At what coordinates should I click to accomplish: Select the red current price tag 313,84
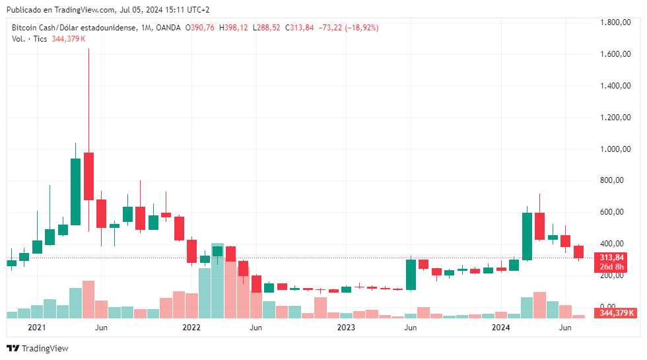[x=613, y=257]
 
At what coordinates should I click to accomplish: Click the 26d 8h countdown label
[x=613, y=267]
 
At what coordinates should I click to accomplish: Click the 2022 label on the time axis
[x=191, y=328]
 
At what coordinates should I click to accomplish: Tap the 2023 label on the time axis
[x=347, y=328]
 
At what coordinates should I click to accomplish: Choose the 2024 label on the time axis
[x=501, y=328]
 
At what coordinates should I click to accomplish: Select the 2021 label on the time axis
[x=36, y=328]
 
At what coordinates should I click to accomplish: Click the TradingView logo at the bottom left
[x=38, y=348]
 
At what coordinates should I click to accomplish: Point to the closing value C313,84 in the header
[x=299, y=28]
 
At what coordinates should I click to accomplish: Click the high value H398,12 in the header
[x=236, y=28]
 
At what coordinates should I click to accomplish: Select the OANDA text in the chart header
[x=168, y=28]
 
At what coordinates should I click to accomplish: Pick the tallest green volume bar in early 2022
[x=217, y=281]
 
